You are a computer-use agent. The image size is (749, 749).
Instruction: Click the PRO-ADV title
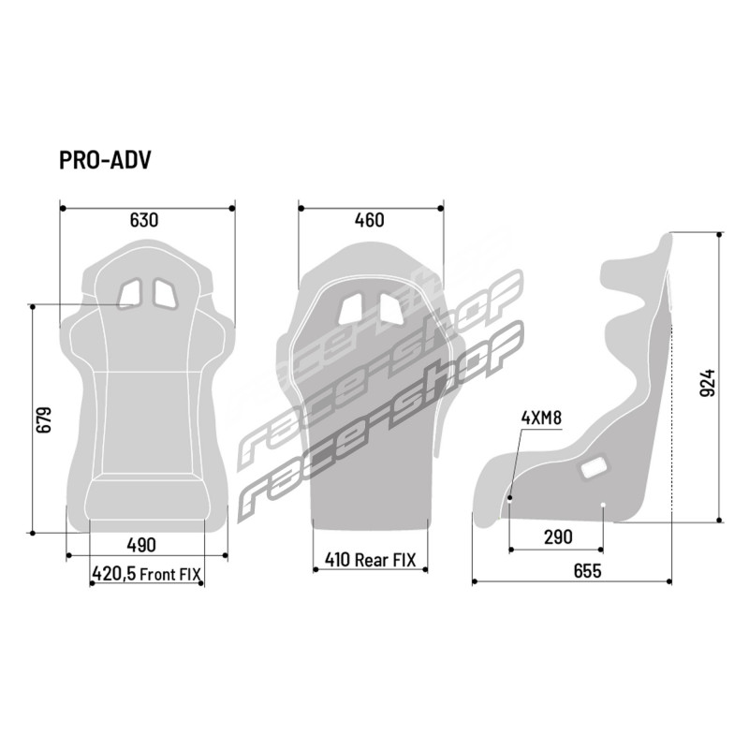[x=105, y=160]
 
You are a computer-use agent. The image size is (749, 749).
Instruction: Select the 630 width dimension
[x=144, y=220]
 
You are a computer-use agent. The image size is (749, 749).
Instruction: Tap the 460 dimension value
[x=369, y=220]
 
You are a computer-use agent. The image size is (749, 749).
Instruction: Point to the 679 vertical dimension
[x=43, y=419]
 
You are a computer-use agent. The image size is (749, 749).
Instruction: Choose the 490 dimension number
[x=141, y=545]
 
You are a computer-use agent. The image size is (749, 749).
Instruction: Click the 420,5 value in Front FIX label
[x=113, y=574]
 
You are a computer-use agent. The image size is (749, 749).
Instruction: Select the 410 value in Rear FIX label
[x=338, y=559]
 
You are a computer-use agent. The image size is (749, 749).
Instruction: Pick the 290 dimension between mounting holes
[x=558, y=537]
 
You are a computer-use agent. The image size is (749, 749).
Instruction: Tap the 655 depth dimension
[x=587, y=571]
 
